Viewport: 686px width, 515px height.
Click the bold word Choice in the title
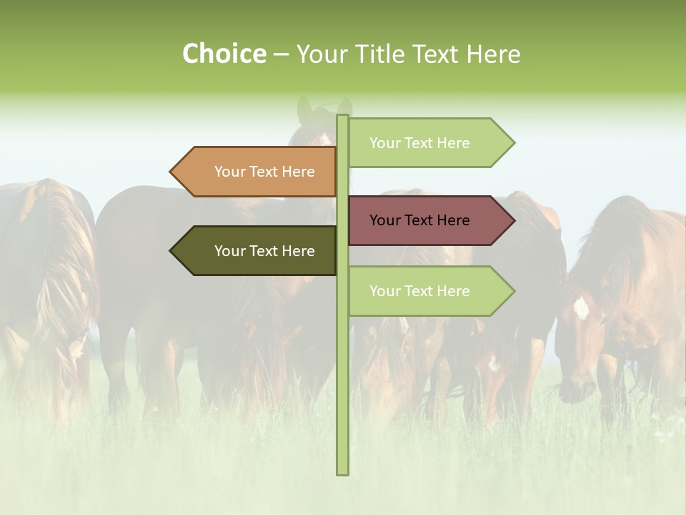coord(224,54)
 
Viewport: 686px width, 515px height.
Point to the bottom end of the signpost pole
coord(342,472)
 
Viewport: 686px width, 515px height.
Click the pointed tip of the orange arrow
coord(171,172)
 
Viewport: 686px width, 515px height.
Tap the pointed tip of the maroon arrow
coord(514,220)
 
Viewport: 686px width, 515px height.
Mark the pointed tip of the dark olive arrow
coord(171,251)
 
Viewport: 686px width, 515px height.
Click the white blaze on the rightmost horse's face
coord(581,308)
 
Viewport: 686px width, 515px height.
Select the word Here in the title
coord(493,54)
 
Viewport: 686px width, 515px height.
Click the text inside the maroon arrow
coord(419,220)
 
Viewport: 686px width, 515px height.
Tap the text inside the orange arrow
coord(264,172)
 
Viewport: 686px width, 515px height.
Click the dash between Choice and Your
coord(281,54)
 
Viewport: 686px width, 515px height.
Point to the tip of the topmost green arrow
coord(514,143)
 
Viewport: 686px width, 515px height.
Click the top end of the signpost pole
coord(342,117)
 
